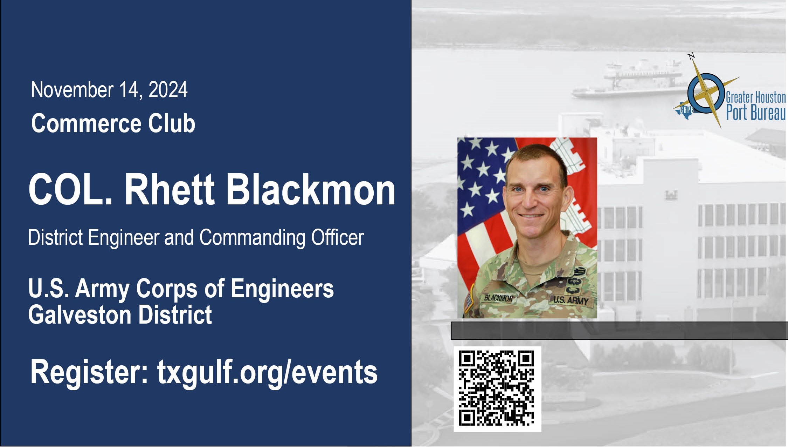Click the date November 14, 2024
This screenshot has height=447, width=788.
coord(109,90)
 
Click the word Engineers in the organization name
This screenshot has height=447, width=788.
coord(282,289)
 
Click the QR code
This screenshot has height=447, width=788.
coord(497,389)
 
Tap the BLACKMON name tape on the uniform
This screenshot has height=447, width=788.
coord(498,298)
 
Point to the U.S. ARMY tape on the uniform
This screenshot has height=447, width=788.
coord(571,300)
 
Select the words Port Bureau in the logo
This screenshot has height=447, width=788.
coord(756,113)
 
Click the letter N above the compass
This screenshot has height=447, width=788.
coord(691,56)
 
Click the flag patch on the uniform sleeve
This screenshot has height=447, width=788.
coord(468,303)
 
